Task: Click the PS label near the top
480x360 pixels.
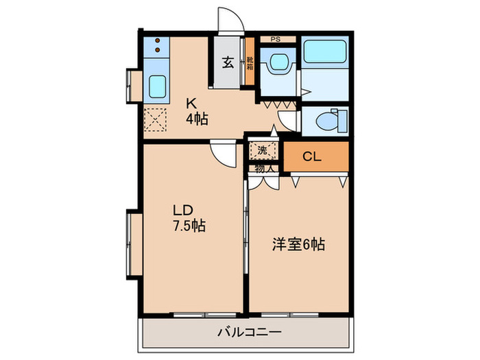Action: coord(276,40)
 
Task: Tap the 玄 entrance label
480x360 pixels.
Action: coord(228,62)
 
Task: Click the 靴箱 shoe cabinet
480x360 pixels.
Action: coord(250,64)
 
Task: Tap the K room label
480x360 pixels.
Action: coord(193,104)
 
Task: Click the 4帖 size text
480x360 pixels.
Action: coord(197,119)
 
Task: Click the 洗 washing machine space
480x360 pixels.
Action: coord(263,149)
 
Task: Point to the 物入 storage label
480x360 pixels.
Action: coord(264,167)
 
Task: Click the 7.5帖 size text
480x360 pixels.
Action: coord(190,225)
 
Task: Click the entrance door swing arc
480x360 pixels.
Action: coord(228,18)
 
